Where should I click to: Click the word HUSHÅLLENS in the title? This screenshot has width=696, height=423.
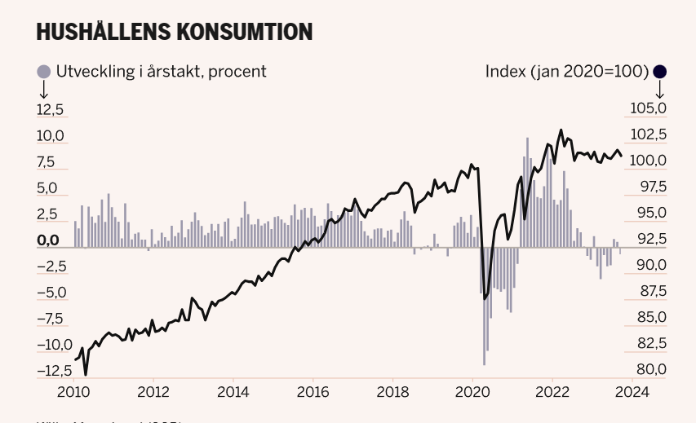103,32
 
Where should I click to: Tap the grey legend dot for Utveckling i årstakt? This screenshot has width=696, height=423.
44,72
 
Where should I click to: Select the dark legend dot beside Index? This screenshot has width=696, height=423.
659,72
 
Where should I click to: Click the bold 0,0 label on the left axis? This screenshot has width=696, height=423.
49,240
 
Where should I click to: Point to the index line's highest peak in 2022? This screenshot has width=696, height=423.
561,130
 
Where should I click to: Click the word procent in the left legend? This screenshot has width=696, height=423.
237,72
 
